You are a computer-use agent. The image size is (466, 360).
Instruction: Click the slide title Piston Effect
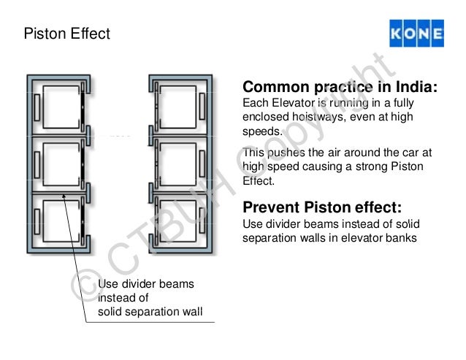point(67,34)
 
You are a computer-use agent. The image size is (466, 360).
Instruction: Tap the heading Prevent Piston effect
point(321,204)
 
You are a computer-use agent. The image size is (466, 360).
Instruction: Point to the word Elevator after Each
point(290,106)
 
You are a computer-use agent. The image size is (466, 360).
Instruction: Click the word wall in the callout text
point(191,313)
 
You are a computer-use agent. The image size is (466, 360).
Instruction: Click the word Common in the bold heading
point(278,88)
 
